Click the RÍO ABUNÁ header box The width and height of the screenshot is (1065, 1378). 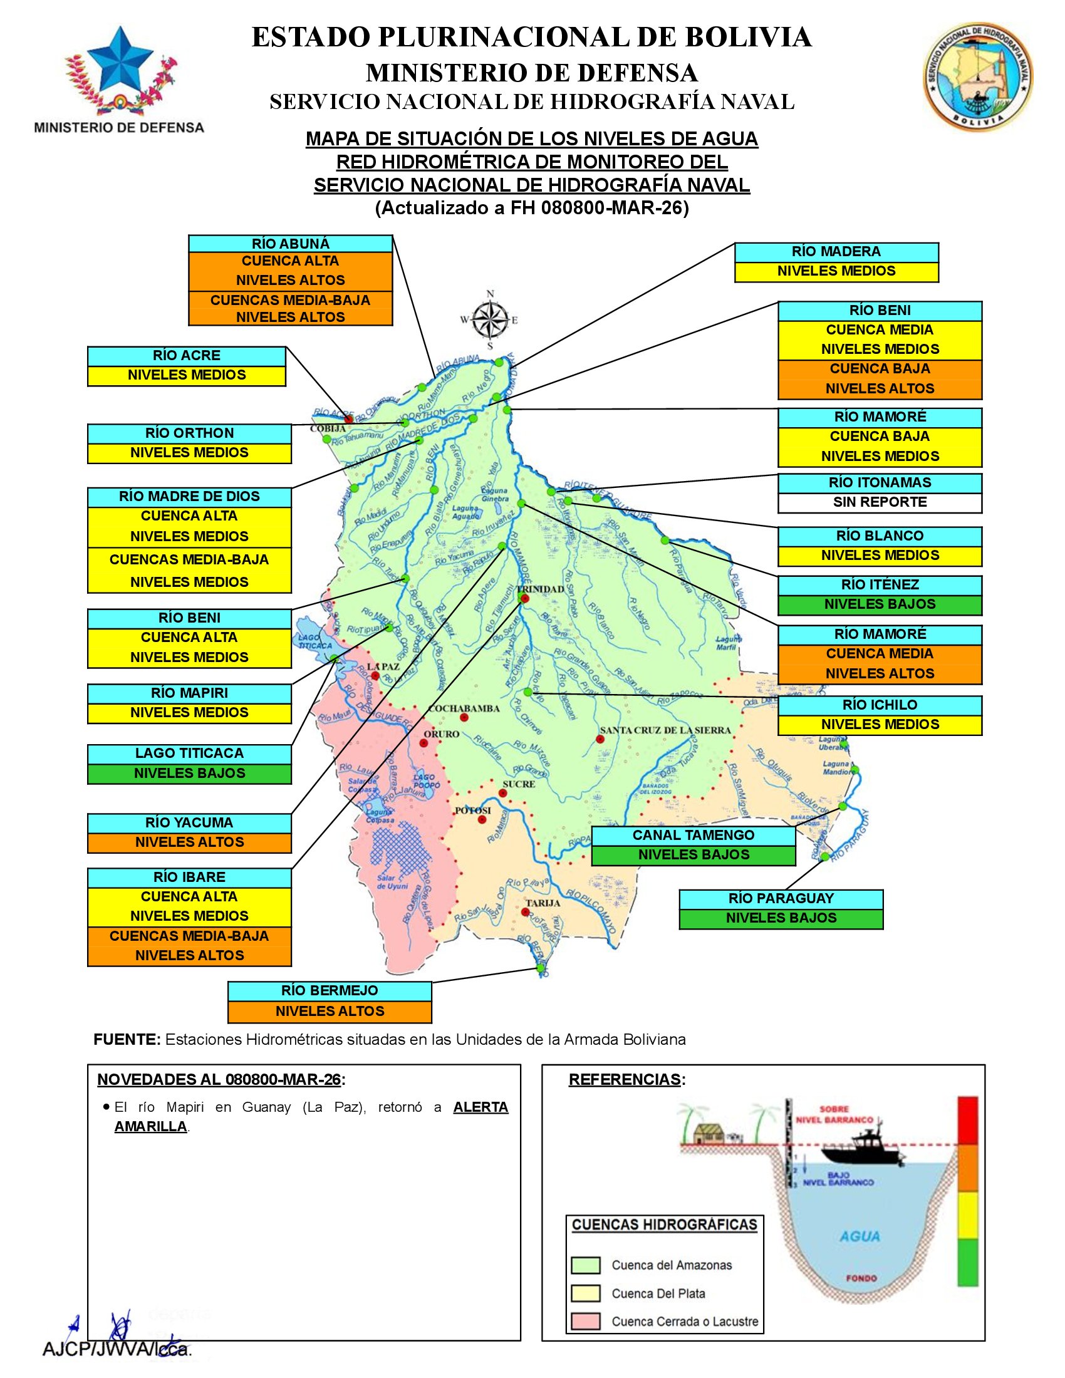coord(290,244)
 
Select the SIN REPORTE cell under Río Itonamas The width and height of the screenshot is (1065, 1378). coord(880,502)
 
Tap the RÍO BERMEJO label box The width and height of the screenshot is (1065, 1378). coord(330,991)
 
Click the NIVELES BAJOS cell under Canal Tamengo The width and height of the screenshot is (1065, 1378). coord(694,855)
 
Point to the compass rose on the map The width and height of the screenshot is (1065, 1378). coord(491,319)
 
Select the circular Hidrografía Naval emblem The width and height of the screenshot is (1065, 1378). coord(978,75)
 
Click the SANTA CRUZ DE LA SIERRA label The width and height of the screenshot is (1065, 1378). coord(665,730)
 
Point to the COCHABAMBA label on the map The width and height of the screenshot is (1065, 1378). coord(464,708)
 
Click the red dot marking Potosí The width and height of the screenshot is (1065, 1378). coord(482,820)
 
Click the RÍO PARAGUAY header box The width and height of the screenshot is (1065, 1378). coord(781,898)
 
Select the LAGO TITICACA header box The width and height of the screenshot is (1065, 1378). coord(189,754)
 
